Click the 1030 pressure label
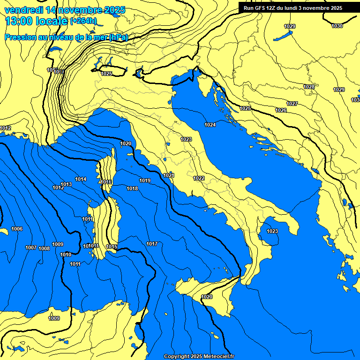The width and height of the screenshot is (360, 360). (337, 26)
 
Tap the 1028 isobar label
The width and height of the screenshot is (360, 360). (309, 87)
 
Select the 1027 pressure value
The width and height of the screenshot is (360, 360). (292, 104)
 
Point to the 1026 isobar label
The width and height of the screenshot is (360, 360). (281, 110)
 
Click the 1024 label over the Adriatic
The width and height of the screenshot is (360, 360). (210, 125)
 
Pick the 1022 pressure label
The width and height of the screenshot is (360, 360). (199, 178)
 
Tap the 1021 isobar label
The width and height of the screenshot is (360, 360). (169, 175)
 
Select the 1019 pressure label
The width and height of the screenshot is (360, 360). (145, 180)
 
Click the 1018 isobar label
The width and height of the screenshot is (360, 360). (132, 188)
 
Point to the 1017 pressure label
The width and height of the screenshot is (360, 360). (152, 244)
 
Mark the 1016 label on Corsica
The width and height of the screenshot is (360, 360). (106, 182)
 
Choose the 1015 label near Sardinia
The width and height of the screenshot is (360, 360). (112, 247)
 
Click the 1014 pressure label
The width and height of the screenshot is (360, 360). (81, 179)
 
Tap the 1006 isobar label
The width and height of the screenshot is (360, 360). (17, 229)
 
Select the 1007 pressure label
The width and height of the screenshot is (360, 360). (31, 247)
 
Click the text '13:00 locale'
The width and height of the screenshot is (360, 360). (37, 21)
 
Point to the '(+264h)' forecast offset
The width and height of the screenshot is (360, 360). (83, 21)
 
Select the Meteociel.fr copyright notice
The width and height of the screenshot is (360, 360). (199, 356)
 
